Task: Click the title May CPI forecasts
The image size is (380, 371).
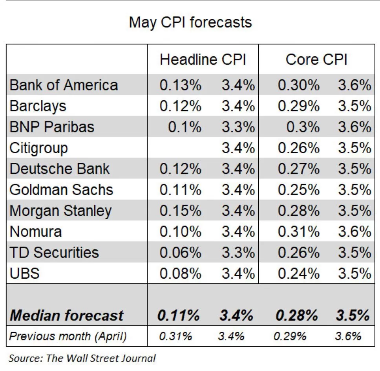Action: [x=190, y=22]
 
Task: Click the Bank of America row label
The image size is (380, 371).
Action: [x=64, y=85]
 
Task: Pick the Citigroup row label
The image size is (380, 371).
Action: [x=38, y=148]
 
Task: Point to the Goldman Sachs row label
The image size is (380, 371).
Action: [x=61, y=190]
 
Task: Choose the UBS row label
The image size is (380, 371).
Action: [x=24, y=273]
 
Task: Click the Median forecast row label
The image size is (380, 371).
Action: [x=66, y=315]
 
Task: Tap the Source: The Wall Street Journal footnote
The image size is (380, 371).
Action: [x=82, y=358]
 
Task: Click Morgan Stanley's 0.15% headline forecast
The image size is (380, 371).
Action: [x=180, y=211]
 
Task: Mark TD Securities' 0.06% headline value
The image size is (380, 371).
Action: [x=180, y=252]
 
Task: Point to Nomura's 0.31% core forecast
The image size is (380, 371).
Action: [x=298, y=231]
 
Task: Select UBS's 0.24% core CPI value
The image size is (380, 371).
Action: [x=298, y=273]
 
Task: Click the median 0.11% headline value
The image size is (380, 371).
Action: [x=179, y=315]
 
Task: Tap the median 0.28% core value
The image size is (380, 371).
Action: [x=297, y=315]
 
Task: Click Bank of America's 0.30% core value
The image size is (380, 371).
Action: [x=298, y=85]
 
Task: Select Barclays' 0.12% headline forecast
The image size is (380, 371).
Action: [x=180, y=106]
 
